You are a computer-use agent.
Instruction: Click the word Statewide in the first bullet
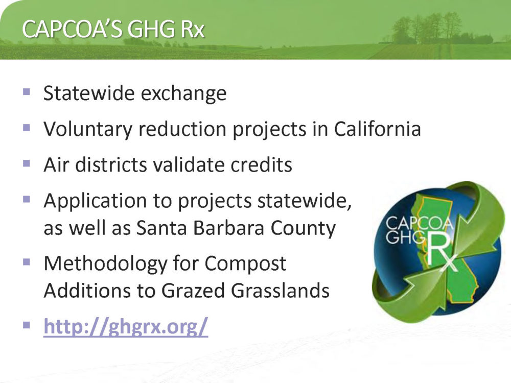[89, 93]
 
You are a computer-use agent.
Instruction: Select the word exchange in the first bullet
[184, 94]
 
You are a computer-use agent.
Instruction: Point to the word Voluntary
[88, 130]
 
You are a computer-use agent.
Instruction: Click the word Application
[95, 201]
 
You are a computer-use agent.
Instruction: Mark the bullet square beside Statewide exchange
[27, 91]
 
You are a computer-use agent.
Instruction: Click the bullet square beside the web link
[27, 325]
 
